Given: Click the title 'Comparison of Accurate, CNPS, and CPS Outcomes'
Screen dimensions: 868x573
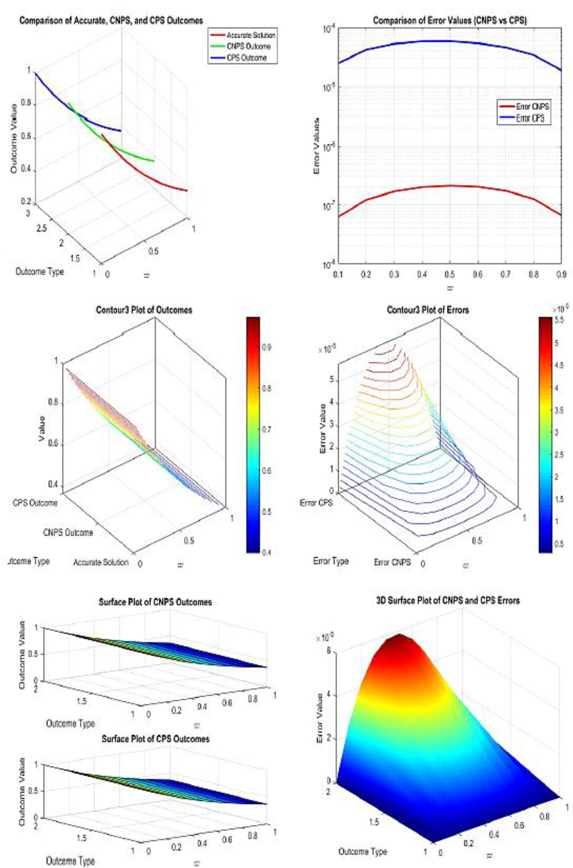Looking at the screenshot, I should pos(111,20).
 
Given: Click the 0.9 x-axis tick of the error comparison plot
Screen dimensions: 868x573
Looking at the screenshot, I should pos(562,274).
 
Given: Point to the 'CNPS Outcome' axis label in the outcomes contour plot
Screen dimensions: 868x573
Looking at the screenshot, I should pos(68,533).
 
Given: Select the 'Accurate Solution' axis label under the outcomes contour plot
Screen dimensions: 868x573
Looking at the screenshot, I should pos(101,562).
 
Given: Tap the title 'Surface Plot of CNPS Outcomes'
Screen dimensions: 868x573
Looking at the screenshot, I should pos(155,602).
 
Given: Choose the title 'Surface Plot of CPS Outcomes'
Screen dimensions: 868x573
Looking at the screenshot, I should pos(156,736).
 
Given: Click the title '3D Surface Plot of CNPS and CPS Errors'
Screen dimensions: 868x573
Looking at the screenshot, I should pos(448,600).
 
